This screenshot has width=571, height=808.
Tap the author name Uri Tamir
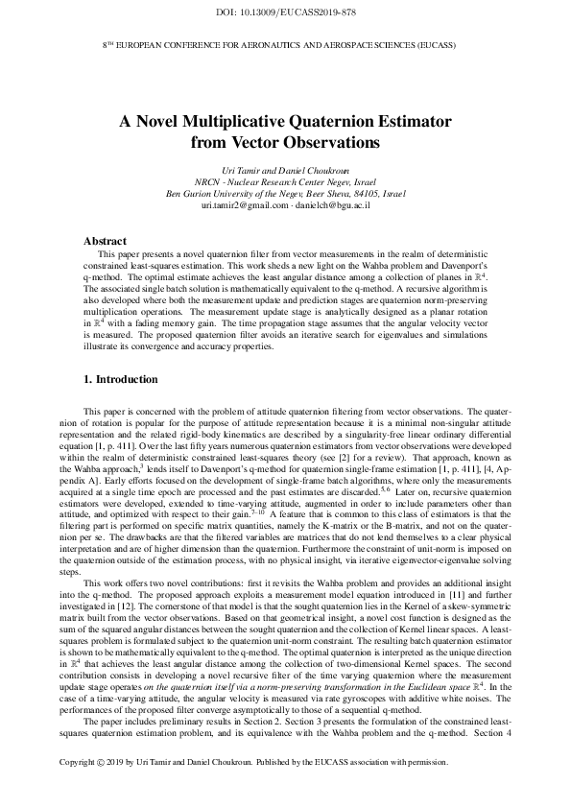(x=240, y=169)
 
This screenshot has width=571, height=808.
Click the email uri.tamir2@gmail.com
(x=243, y=205)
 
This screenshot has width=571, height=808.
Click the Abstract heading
(x=106, y=241)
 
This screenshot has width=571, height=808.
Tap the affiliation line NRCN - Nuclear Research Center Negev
(x=285, y=180)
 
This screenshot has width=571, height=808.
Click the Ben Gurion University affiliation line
(x=285, y=193)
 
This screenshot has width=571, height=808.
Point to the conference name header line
(x=285, y=45)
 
